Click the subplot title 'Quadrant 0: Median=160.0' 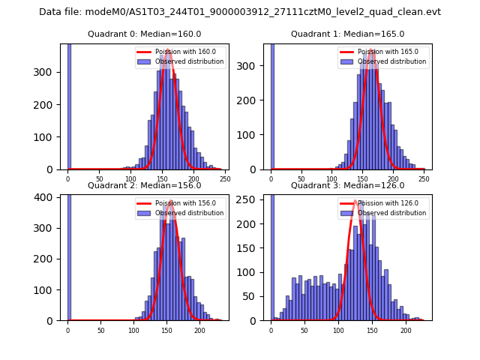pos(145,34)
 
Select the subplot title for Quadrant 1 pos(348,34)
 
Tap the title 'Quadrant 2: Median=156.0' pos(145,185)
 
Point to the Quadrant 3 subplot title pos(348,185)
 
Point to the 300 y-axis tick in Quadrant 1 pos(256,66)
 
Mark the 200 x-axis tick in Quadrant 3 pos(406,330)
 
